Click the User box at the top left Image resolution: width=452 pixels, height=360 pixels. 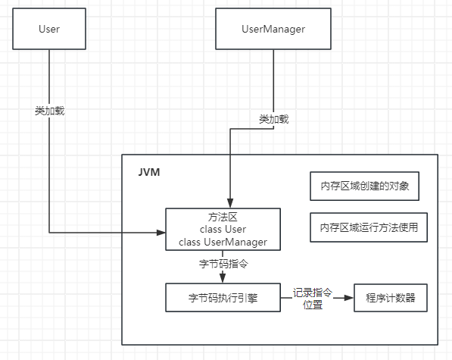point(49,29)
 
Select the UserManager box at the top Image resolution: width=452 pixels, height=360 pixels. point(273,29)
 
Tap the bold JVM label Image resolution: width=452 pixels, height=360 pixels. point(149,172)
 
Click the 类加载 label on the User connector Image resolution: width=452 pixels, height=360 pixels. point(49,111)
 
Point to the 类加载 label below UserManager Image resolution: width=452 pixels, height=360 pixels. point(273,119)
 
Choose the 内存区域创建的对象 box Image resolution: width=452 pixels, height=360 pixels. point(365,186)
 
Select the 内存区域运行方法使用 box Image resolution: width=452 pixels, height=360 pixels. point(369,227)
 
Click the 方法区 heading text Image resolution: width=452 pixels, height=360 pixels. point(223,217)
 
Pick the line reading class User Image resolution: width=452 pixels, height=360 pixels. point(223,230)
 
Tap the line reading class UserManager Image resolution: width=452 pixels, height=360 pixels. point(223,242)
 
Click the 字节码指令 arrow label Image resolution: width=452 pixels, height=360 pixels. point(223,264)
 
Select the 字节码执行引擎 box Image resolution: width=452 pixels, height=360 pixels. point(223,298)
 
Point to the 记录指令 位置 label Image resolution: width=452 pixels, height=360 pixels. point(313,299)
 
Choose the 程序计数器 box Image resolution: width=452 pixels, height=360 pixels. point(391,298)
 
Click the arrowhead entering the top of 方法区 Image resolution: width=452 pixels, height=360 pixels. point(230,203)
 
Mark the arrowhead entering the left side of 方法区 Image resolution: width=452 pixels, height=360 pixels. point(161,233)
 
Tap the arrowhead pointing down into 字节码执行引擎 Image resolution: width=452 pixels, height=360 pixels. point(223,278)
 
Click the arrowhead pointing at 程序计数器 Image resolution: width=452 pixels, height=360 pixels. point(349,298)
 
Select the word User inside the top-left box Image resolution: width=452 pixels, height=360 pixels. point(49,29)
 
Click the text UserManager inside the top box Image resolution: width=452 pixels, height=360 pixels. point(273,29)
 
